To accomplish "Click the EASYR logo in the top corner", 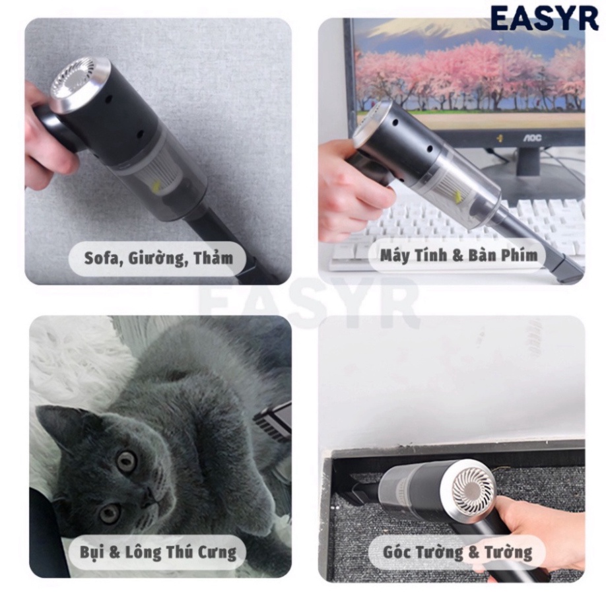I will point(544,18).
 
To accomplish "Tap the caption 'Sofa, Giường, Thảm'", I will point(158,257).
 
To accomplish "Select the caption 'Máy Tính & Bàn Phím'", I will point(459,255).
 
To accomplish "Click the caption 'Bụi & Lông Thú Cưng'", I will point(158,552).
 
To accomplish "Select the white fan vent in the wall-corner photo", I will point(473,492).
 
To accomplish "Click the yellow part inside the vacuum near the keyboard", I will point(454,196).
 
